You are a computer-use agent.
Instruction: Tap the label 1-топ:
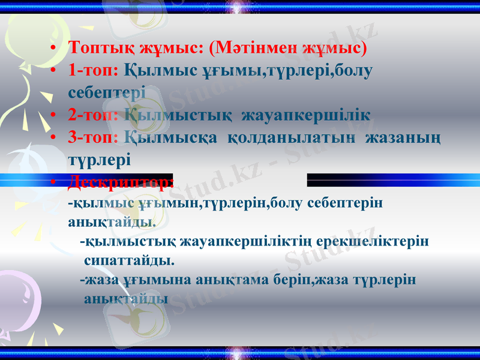click(93, 70)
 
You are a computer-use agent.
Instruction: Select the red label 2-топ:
click(93, 115)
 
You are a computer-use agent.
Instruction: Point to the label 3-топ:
click(93, 137)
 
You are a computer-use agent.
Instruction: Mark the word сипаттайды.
click(130, 261)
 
